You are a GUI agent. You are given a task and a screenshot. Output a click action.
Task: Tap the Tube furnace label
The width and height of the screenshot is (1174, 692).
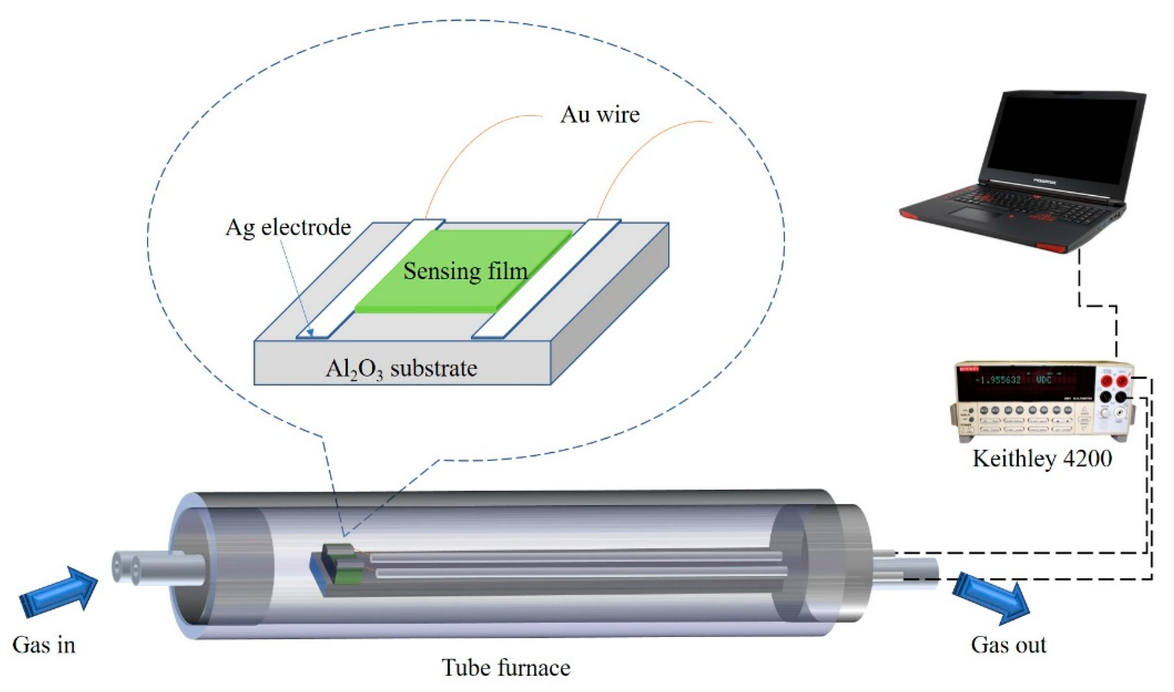(x=506, y=667)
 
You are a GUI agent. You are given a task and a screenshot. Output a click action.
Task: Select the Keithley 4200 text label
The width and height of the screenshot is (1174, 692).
(x=1042, y=459)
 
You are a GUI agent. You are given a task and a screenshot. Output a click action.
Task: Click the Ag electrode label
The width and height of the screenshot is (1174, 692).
(x=288, y=228)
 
